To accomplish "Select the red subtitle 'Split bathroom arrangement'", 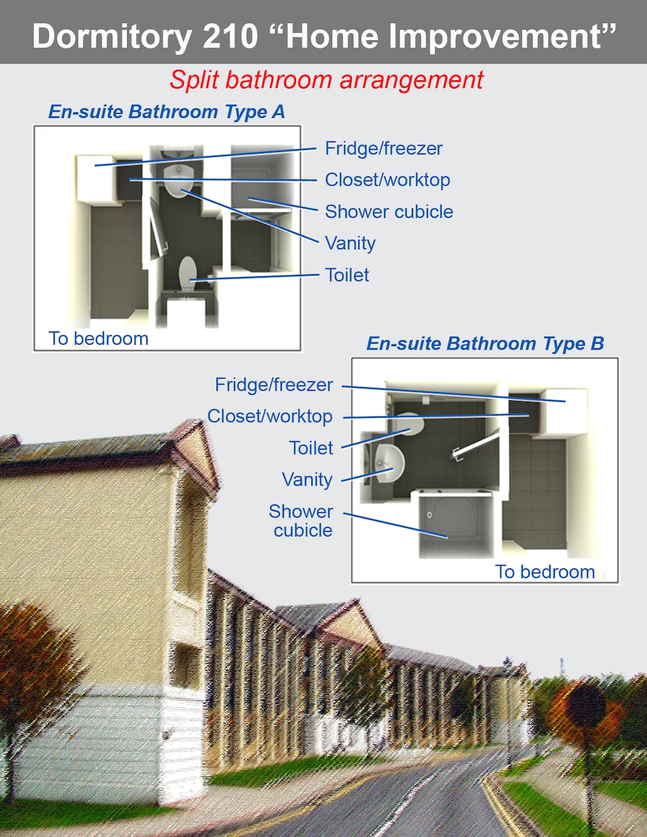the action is tap(327, 80).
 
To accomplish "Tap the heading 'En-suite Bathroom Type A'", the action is tap(167, 112).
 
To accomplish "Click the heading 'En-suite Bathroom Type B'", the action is tap(485, 343).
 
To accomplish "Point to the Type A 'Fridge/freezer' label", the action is tap(384, 149).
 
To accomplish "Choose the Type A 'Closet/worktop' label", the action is tap(387, 180).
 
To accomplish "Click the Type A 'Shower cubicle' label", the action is tap(389, 211).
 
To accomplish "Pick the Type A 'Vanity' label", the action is tap(350, 243).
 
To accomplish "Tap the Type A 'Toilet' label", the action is tap(347, 275).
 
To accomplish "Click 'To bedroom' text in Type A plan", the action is tap(98, 338).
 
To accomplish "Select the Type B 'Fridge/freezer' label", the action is tap(274, 384).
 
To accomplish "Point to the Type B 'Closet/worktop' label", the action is tap(269, 416).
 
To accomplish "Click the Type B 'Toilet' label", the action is tap(311, 448).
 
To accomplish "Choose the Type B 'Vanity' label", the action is tap(307, 480).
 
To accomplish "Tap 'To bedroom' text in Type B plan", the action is tap(545, 572).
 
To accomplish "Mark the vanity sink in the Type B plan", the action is tap(389, 462).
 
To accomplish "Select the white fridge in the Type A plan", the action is tap(96, 179).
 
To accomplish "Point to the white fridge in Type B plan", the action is tap(563, 412).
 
